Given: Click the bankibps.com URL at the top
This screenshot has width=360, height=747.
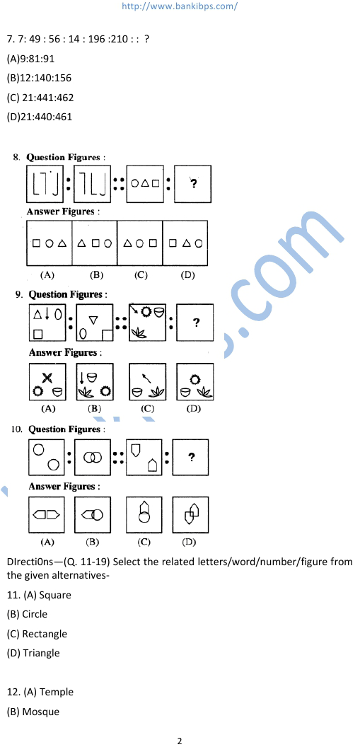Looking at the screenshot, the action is (180, 6).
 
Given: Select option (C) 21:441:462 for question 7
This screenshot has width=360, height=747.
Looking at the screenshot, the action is (40, 98).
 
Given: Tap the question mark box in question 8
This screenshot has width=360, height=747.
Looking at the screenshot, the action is (193, 184).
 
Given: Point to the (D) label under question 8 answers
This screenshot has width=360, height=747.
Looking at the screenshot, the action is (187, 275).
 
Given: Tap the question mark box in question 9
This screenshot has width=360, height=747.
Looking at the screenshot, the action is (195, 323).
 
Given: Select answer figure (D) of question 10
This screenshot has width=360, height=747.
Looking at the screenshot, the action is (190, 515).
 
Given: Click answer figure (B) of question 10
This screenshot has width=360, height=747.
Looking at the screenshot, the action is (93, 515).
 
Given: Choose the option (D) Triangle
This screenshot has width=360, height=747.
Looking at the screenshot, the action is (33, 653).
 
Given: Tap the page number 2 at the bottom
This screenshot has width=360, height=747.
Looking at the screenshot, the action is (180, 741).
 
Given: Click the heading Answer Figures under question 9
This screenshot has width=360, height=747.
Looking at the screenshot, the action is (64, 353).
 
